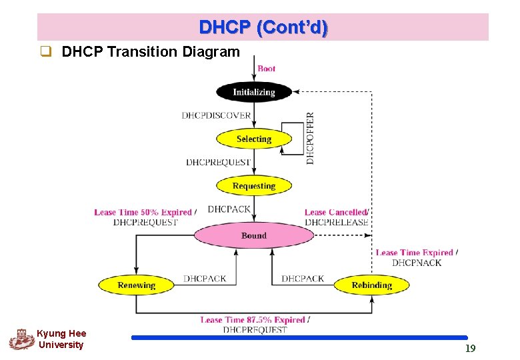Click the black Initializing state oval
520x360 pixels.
[x=254, y=92]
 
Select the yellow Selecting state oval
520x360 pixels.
[x=254, y=139]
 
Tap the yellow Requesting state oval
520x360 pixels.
[x=254, y=186]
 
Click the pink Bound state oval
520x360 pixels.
[x=254, y=235]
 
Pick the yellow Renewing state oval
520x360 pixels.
[x=136, y=285]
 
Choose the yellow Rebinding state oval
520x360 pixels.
[x=371, y=285]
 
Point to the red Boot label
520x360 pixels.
[x=266, y=68]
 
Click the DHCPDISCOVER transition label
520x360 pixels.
[x=216, y=115]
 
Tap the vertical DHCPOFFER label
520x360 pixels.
[x=310, y=138]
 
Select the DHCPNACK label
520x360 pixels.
[x=416, y=263]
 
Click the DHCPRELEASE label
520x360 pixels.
[x=336, y=222]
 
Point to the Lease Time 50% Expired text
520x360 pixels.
[x=143, y=213]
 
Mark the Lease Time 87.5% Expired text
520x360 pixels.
[x=253, y=320]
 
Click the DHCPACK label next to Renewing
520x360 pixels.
[x=205, y=279]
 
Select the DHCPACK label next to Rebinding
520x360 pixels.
[x=303, y=279]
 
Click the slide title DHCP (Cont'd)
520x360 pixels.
[x=263, y=27]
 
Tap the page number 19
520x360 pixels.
[x=470, y=348]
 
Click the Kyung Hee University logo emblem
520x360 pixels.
[x=21, y=339]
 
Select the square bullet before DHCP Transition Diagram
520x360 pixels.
[x=45, y=52]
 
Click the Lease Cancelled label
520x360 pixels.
[x=335, y=213]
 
